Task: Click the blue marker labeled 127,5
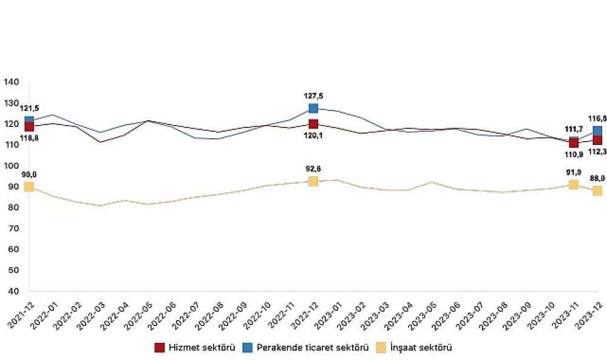(313, 108)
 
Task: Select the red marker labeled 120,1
(313, 124)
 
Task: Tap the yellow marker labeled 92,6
(313, 181)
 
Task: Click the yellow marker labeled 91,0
(574, 185)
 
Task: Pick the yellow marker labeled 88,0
(597, 191)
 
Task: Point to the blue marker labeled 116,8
(597, 131)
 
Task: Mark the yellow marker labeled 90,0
(29, 186)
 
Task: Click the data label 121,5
(29, 108)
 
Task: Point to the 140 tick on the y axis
(12, 82)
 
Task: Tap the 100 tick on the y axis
(12, 166)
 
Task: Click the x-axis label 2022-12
(302, 314)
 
